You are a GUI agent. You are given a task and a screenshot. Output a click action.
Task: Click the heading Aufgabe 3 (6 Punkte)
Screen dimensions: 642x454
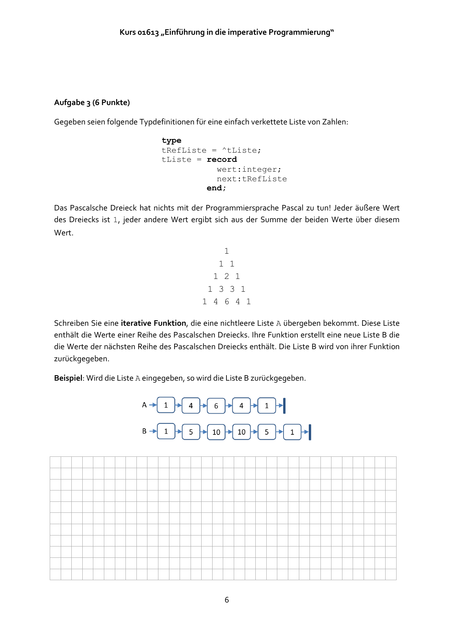click(92, 102)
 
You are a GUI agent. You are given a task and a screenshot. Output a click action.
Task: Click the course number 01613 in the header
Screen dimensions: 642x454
click(148, 32)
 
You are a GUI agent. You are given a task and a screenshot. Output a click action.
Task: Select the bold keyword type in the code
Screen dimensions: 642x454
click(171, 141)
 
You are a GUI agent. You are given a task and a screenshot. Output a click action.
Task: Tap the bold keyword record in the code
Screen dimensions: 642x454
click(222, 160)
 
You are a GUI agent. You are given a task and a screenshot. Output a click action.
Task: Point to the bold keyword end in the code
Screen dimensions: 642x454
click(214, 188)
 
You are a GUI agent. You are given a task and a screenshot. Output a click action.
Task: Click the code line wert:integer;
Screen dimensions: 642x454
click(249, 169)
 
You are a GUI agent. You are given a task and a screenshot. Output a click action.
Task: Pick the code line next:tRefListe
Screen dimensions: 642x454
click(252, 179)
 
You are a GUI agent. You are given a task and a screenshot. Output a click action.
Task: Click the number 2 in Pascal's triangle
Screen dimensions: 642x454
click(226, 276)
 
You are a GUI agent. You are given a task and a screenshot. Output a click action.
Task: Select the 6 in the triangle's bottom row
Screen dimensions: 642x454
click(227, 302)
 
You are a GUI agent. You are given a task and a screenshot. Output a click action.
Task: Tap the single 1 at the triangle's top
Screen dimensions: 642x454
click(226, 251)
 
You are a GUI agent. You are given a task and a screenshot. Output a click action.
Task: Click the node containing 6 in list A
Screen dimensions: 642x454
click(216, 406)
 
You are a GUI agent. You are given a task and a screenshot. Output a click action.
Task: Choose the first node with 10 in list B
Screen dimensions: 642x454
click(216, 432)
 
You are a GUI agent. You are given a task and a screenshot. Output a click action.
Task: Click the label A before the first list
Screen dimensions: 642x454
click(144, 405)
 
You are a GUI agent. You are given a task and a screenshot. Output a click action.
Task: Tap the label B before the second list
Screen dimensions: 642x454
click(144, 431)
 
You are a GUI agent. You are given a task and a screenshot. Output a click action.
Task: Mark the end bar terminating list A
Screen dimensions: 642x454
click(284, 406)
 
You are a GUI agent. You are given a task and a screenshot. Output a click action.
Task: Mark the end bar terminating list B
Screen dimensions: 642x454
click(310, 432)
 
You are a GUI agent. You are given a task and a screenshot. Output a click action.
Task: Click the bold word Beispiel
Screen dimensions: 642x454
click(68, 378)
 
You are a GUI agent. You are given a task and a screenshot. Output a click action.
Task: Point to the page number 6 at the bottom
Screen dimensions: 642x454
click(227, 600)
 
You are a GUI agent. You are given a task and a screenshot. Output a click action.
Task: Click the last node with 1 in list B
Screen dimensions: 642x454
click(292, 432)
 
